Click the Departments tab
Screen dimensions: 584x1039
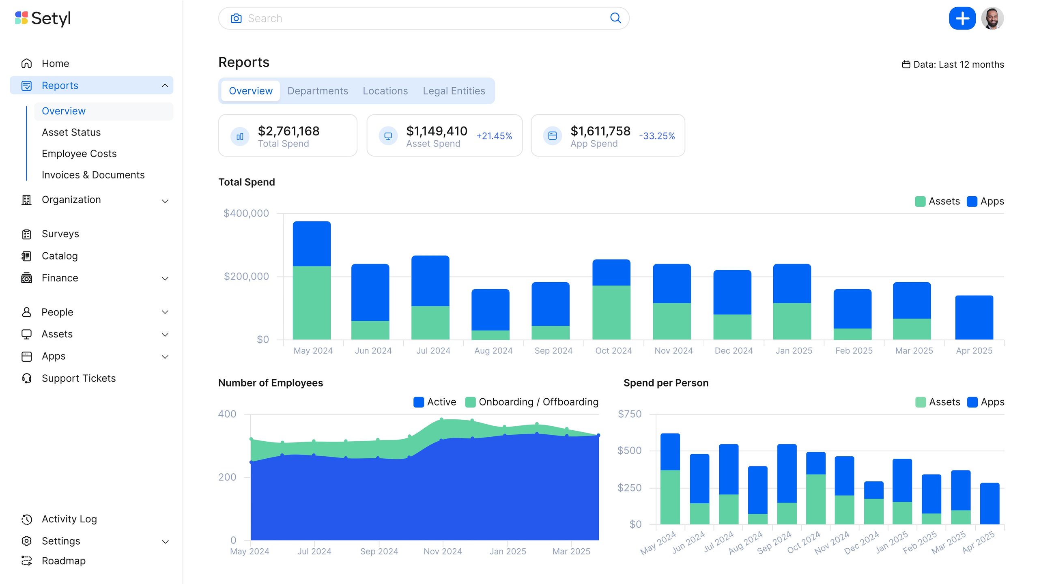pyautogui.click(x=318, y=91)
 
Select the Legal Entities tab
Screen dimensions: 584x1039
pyautogui.click(x=454, y=91)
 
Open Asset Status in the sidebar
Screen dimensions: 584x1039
pyautogui.click(x=71, y=132)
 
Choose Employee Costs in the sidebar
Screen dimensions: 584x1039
pyautogui.click(x=79, y=154)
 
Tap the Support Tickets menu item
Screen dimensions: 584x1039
pyautogui.click(x=78, y=378)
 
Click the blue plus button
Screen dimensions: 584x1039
pyautogui.click(x=962, y=18)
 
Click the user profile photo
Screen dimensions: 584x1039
pyautogui.click(x=992, y=18)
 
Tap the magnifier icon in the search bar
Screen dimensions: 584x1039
pyautogui.click(x=615, y=18)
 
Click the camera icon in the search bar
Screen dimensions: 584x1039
pyautogui.click(x=236, y=18)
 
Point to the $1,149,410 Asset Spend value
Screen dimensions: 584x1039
pyautogui.click(x=437, y=131)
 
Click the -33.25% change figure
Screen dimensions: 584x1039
pyautogui.click(x=657, y=136)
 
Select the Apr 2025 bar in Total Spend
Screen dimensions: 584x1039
pyautogui.click(x=974, y=317)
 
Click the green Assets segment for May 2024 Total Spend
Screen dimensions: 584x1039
pyautogui.click(x=312, y=303)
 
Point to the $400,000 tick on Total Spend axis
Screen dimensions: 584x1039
pyautogui.click(x=246, y=213)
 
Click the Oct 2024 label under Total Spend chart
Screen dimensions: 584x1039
pyautogui.click(x=613, y=351)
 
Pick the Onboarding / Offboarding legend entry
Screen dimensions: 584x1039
pyautogui.click(x=532, y=402)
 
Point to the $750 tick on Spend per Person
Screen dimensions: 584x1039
pyautogui.click(x=629, y=414)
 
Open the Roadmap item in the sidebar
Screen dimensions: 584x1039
pyautogui.click(x=63, y=561)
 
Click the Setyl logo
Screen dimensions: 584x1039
pyautogui.click(x=43, y=18)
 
